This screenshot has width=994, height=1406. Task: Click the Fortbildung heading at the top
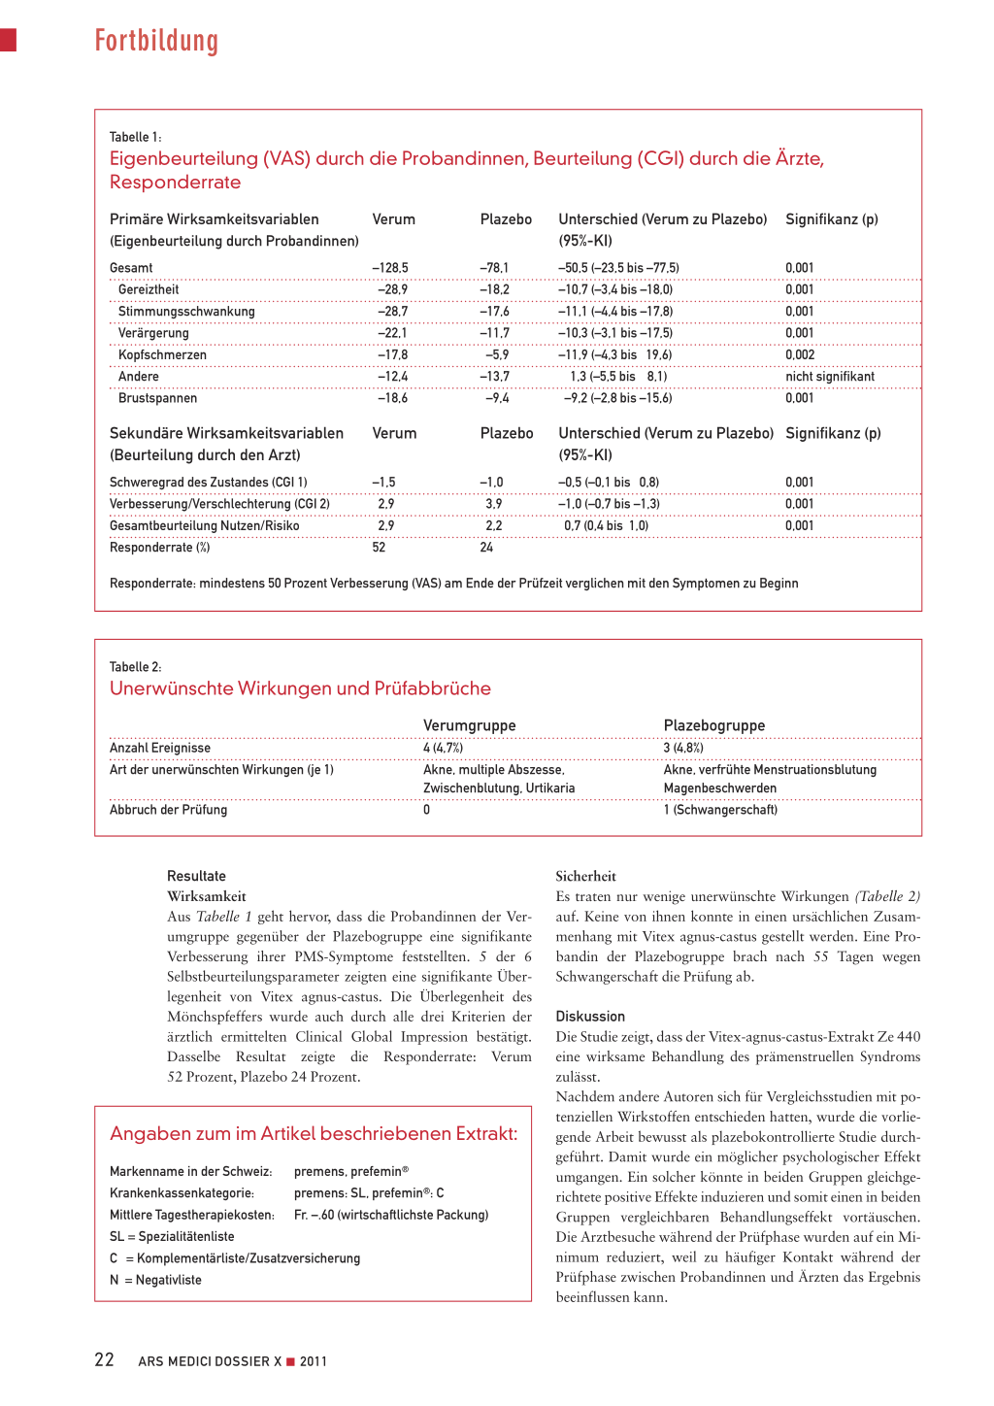point(156,41)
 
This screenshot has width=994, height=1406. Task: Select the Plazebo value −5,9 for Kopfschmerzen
point(497,355)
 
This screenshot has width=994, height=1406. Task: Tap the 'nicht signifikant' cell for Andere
point(830,377)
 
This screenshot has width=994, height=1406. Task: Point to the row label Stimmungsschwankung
point(186,312)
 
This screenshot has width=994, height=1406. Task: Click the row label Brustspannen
point(157,398)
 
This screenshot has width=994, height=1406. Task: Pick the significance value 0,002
point(800,355)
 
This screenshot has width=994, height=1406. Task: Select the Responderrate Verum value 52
point(379,548)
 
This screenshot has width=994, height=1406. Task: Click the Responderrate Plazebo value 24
point(486,548)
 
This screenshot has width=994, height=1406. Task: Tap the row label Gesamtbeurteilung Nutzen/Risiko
point(205,526)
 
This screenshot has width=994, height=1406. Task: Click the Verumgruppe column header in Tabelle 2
point(469,725)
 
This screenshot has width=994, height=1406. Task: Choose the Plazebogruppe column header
point(714,725)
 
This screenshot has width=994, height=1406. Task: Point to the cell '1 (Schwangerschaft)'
point(720,810)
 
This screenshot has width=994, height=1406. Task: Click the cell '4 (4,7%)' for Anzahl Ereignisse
point(443,748)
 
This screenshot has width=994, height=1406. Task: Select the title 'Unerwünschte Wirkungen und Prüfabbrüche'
point(300,688)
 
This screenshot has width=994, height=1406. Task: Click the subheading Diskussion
point(590,1017)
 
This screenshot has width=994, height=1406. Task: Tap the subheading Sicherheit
point(585,876)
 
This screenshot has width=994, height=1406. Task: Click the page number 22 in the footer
point(105,1360)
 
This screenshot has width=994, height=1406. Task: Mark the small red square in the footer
point(290,1361)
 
